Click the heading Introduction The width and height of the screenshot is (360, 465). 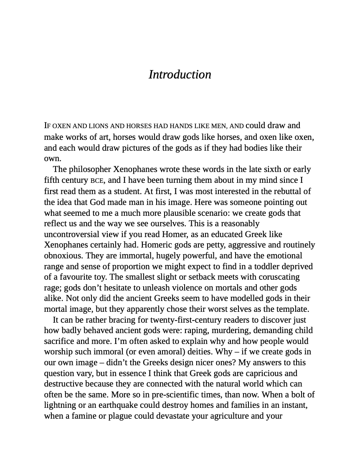point(180,75)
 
